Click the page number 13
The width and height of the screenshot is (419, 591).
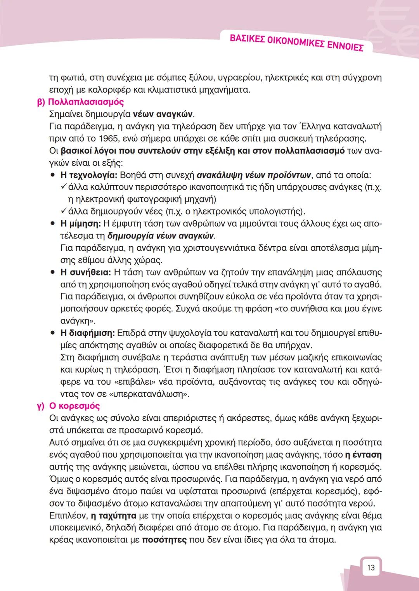(371, 567)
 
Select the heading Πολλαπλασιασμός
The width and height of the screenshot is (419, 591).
(86, 102)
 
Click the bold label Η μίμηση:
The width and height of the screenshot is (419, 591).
(81, 224)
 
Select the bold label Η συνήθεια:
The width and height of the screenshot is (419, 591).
(86, 272)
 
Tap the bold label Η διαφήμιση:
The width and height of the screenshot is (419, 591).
(88, 333)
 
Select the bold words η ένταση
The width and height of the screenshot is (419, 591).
(363, 454)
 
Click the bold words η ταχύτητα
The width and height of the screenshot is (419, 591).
(113, 516)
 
